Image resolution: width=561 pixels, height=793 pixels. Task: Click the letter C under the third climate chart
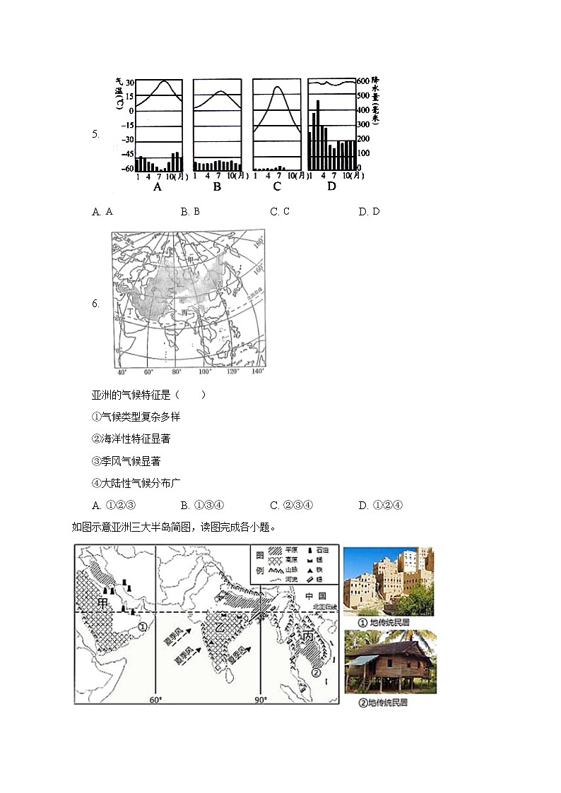pos(276,187)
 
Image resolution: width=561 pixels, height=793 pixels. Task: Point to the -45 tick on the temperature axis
pos(128,154)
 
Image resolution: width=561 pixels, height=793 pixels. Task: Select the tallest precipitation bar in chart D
pos(318,134)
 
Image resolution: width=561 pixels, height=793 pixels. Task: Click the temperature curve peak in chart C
pos(278,88)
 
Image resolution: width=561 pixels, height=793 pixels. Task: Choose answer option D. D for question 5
pos(369,211)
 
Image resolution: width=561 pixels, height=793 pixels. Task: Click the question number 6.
pos(95,304)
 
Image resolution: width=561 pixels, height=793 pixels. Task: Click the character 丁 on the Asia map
pos(130,310)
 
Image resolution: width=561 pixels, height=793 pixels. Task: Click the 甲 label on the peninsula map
pos(104,604)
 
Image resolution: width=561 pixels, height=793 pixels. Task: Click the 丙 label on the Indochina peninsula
pos(308,636)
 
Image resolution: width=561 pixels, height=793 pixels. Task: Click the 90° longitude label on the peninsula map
pos(260,700)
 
